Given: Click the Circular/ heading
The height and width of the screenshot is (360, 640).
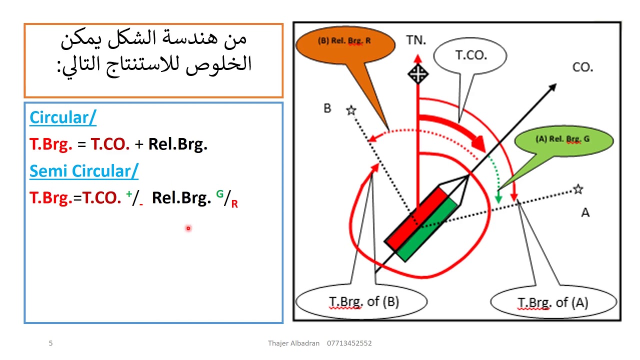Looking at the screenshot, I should (62, 117).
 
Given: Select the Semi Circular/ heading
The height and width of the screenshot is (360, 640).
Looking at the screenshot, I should (83, 171).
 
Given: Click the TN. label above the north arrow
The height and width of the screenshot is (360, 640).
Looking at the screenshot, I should (416, 40).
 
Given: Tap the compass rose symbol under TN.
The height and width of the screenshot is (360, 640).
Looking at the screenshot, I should (417, 74).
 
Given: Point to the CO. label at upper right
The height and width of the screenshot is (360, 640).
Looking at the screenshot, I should (582, 67).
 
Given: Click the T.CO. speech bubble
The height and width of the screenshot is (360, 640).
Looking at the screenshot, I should (470, 55).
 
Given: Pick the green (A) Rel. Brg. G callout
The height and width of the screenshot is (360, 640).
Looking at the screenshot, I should (562, 139).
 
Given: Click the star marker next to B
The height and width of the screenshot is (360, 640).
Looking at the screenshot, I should (351, 110).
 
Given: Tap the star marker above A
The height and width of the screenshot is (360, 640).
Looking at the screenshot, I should (578, 189).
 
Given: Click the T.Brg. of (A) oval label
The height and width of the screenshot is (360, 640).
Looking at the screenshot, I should (552, 302).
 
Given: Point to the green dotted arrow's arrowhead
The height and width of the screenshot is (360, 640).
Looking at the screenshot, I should (498, 199).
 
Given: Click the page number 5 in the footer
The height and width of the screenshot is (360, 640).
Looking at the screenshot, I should (50, 343).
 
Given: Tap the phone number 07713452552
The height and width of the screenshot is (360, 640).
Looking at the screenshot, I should (349, 343).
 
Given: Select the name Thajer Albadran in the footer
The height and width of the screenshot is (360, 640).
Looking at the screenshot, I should (293, 343).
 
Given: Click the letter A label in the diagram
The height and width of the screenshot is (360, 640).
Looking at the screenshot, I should (585, 213).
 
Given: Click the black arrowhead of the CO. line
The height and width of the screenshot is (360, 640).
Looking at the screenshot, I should (552, 88).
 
